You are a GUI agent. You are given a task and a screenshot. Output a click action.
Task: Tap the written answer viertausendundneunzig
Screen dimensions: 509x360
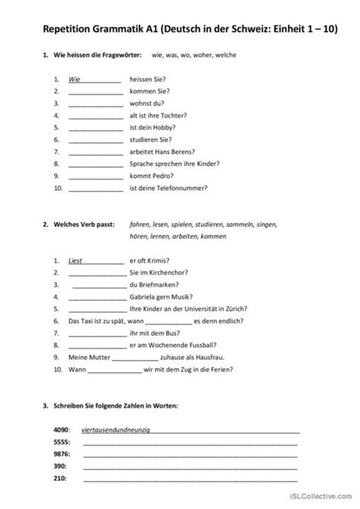[115, 430]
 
